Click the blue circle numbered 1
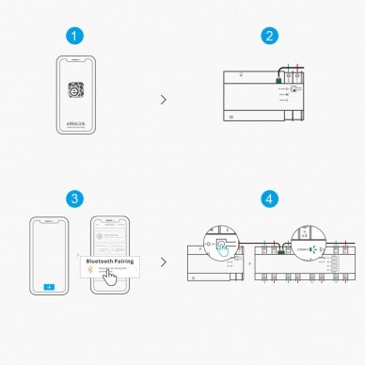pos(76,37)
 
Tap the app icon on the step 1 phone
pos(76,92)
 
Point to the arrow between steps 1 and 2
pos(166,98)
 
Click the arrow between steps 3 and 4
pos(166,262)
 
